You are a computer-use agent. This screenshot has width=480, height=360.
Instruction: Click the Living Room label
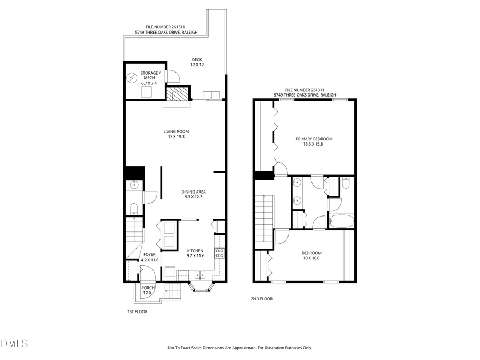pos(176,131)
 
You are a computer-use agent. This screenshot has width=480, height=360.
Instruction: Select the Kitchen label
pos(195,250)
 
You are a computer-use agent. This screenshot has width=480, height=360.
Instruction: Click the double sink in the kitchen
pos(201,275)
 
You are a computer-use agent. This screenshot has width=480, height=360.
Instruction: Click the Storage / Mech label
pos(150,75)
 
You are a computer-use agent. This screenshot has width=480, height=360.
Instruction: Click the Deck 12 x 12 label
pos(197,62)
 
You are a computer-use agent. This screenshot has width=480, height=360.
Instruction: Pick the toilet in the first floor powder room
pos(134,207)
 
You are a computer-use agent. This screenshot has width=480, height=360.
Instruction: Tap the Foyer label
pos(150,257)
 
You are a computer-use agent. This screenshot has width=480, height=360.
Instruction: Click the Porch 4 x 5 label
pos(148,290)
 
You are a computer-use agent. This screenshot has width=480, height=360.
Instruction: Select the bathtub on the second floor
pos(340,220)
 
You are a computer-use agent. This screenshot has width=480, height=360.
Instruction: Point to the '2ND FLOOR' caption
pos(261,299)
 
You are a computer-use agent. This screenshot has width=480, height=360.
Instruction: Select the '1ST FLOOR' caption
pos(137,311)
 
